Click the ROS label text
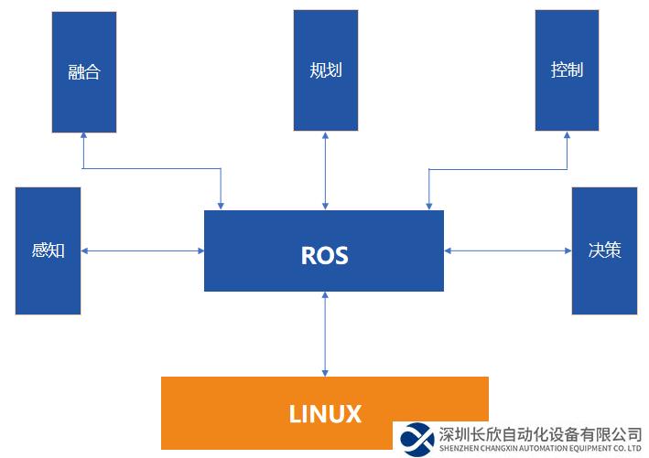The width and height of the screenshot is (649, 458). pos(324,255)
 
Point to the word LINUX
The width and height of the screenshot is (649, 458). pos(325,413)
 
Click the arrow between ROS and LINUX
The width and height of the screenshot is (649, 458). pos(325,334)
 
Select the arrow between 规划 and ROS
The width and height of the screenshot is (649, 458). pos(325,170)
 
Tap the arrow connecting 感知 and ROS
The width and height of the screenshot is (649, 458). pos(142,250)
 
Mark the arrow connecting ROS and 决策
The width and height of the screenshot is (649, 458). pos(507,250)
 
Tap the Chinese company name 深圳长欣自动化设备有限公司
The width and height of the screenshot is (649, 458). pos(540,433)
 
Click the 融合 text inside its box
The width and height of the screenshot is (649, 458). pos(84,72)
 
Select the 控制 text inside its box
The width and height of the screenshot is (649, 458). pos(568,69)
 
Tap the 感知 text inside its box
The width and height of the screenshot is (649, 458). pos(48,250)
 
